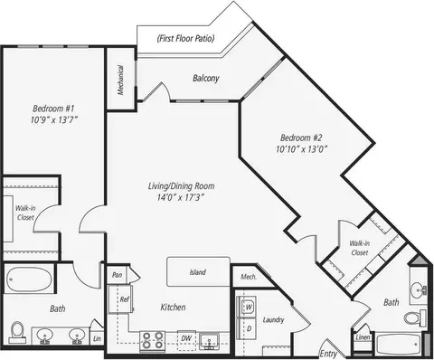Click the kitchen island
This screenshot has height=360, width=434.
[x=198, y=271]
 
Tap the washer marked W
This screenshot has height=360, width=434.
[x=247, y=307]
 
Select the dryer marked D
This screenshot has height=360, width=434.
[x=247, y=328]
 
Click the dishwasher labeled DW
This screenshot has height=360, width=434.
[x=186, y=340]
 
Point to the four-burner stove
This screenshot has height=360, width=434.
[x=153, y=341]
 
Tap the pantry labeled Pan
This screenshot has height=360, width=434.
[x=118, y=275]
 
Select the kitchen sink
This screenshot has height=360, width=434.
[x=210, y=342]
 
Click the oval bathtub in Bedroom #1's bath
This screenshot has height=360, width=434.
[x=29, y=279]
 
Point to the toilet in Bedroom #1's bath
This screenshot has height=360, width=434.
[x=17, y=332]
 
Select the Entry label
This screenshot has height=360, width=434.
[x=328, y=354]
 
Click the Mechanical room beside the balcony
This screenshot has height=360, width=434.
[x=121, y=80]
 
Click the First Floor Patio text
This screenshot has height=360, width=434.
[x=185, y=38]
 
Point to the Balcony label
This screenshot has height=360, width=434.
[x=206, y=79]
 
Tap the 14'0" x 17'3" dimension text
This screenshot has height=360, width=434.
[x=181, y=197]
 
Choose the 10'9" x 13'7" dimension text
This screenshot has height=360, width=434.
[x=54, y=120]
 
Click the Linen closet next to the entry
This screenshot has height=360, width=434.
[x=363, y=337]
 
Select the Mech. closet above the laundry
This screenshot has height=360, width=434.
[x=249, y=277]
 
